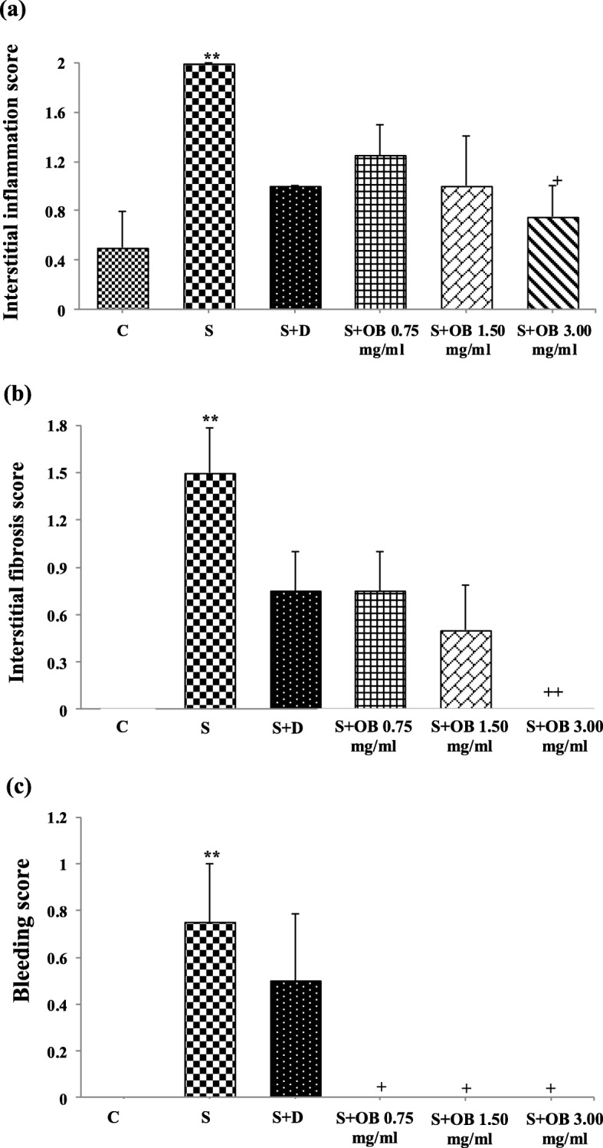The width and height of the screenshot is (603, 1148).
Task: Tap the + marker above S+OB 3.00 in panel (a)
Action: point(558,180)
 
